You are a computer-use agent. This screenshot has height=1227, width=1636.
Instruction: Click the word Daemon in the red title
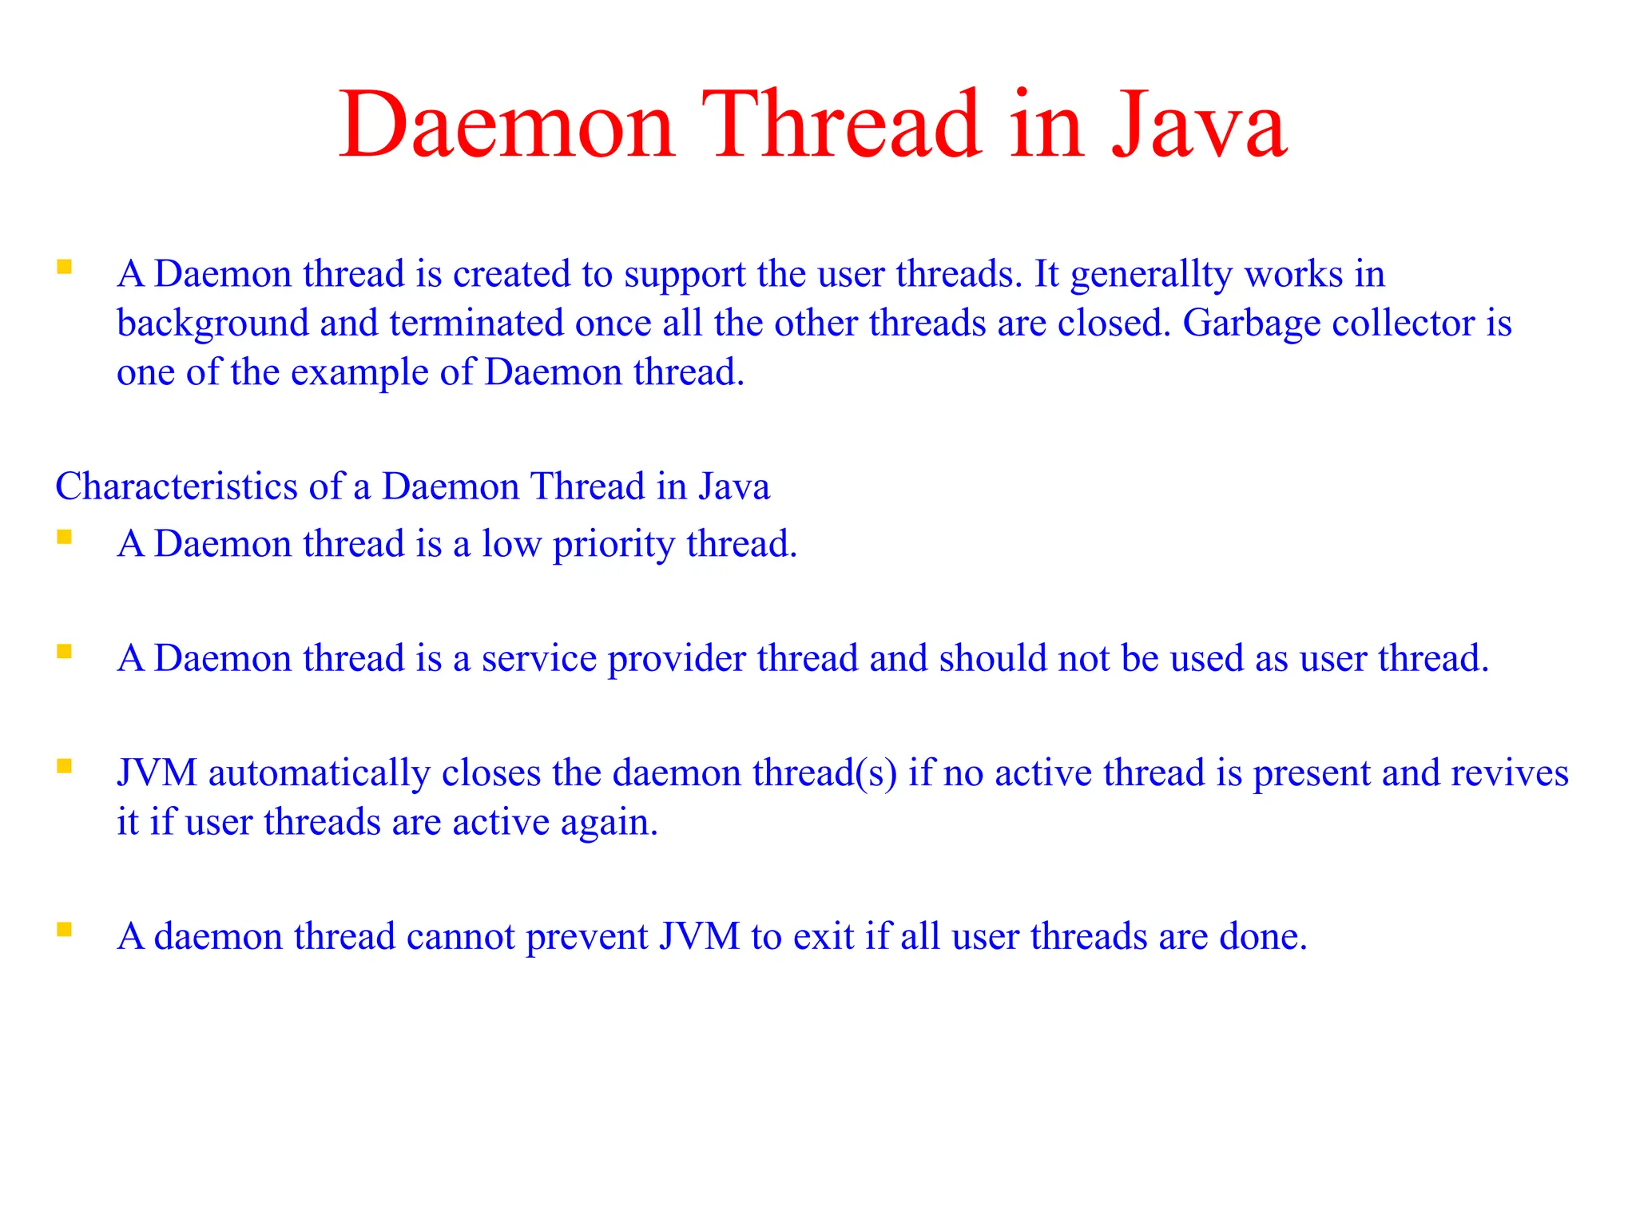[x=508, y=125]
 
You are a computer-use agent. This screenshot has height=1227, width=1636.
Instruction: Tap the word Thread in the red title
[x=841, y=125]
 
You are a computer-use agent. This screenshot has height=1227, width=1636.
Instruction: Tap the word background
[x=212, y=324]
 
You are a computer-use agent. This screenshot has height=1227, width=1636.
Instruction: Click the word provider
[x=677, y=659]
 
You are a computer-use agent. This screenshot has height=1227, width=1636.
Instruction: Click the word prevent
[x=587, y=936]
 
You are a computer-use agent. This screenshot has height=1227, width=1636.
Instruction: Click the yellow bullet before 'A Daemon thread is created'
[x=65, y=267]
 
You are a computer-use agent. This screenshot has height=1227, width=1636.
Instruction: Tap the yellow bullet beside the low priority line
[x=65, y=537]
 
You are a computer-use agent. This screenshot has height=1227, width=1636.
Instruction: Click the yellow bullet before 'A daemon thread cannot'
[x=65, y=929]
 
